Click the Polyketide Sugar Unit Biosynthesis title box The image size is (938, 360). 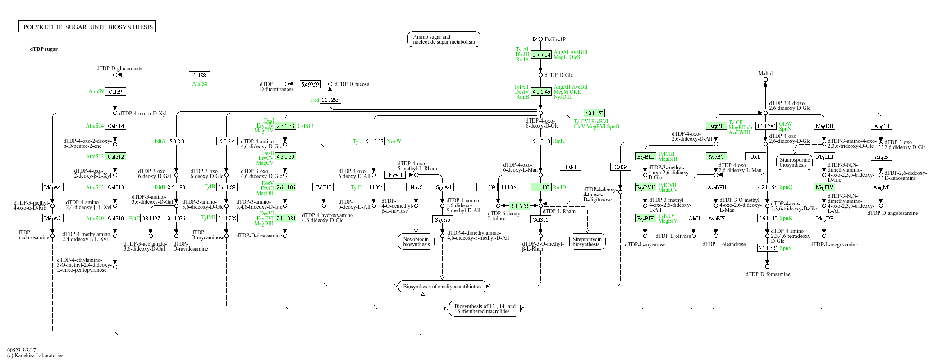[87, 27]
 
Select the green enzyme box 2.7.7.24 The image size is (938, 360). [541, 55]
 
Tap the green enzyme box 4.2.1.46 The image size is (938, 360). [541, 91]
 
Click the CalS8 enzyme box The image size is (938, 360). [199, 75]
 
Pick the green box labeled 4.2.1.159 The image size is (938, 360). [594, 113]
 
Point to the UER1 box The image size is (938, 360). [570, 167]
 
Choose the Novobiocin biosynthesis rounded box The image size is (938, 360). [416, 242]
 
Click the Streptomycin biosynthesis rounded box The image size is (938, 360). [587, 242]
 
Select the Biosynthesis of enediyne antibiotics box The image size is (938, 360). [442, 287]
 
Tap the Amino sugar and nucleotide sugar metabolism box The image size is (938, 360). [444, 40]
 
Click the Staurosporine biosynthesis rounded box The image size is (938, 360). [794, 162]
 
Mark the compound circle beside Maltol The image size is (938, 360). [765, 80]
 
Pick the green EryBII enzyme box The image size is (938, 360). [716, 126]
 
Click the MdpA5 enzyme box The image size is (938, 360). [52, 218]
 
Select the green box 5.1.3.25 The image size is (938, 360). [520, 206]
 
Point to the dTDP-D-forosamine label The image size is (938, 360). [768, 274]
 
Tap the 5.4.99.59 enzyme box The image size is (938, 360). [310, 84]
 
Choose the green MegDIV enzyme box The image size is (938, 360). [824, 187]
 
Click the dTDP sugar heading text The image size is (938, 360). [44, 49]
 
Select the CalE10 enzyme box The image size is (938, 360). [323, 187]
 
